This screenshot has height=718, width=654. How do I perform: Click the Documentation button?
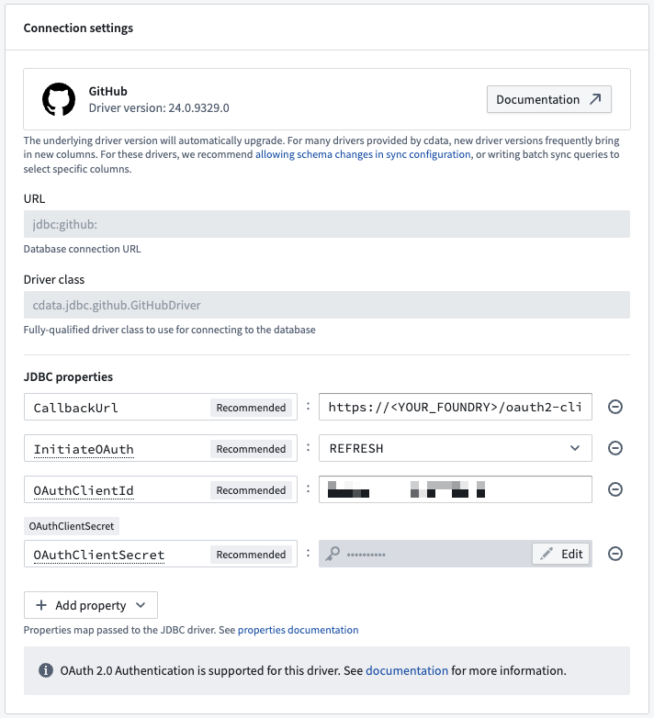pos(548,99)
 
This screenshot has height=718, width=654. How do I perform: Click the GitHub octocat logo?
pos(59,99)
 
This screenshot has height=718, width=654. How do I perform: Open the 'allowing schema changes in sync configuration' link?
pos(363,154)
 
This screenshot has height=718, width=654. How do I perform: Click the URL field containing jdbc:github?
pos(326,225)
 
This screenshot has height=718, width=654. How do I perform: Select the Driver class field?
pos(326,306)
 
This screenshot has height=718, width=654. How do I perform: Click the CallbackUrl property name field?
pos(115,408)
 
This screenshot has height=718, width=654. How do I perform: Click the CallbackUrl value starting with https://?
pos(455,408)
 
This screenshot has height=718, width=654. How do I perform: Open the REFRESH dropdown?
pos(455,448)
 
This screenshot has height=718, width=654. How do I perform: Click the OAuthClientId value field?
pos(455,489)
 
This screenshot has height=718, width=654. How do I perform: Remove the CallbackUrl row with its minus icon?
pos(615,407)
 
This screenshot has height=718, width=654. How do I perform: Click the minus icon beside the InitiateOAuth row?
pos(615,448)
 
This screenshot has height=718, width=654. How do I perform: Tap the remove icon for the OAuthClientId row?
pos(615,489)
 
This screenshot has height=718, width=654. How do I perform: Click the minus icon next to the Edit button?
pos(615,554)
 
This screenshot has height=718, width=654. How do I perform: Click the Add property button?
pos(91,605)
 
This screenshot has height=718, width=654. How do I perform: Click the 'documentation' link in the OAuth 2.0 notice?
pos(407,670)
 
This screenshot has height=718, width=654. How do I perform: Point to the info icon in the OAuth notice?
pos(45,671)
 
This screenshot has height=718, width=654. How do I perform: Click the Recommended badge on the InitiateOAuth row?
pos(251,449)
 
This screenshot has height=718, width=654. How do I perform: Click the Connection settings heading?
pos(78,28)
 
